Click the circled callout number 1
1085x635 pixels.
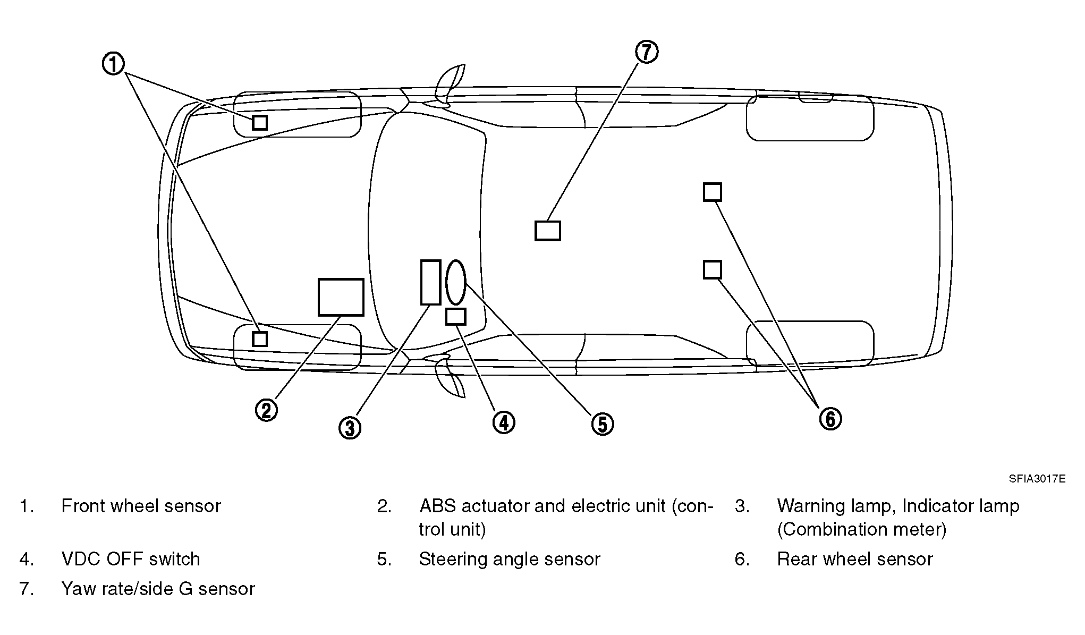pyautogui.click(x=113, y=64)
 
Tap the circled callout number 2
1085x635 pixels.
pyautogui.click(x=267, y=410)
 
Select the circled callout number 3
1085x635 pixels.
pyautogui.click(x=350, y=427)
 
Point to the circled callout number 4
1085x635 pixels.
pyautogui.click(x=504, y=422)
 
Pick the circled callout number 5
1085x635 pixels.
pyautogui.click(x=603, y=424)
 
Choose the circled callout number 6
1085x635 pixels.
pyautogui.click(x=830, y=419)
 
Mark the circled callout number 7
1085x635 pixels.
pyautogui.click(x=647, y=52)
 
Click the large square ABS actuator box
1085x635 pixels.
pyautogui.click(x=341, y=297)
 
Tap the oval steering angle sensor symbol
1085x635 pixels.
pyautogui.click(x=456, y=282)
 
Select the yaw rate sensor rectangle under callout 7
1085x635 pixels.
pyautogui.click(x=548, y=231)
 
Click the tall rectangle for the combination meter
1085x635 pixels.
pyautogui.click(x=431, y=282)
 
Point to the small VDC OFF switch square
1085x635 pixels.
pyautogui.click(x=456, y=317)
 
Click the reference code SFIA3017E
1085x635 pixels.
pyautogui.click(x=1037, y=479)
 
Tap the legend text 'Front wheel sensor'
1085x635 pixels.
pyautogui.click(x=141, y=506)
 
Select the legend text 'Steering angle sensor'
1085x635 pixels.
pyautogui.click(x=510, y=559)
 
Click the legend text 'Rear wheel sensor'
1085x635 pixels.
pyautogui.click(x=855, y=559)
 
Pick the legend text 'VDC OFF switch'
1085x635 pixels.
pyautogui.click(x=131, y=559)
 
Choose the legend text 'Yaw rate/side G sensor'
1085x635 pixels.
pyautogui.click(x=158, y=589)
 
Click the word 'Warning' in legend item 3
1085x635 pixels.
pyautogui.click(x=810, y=506)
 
